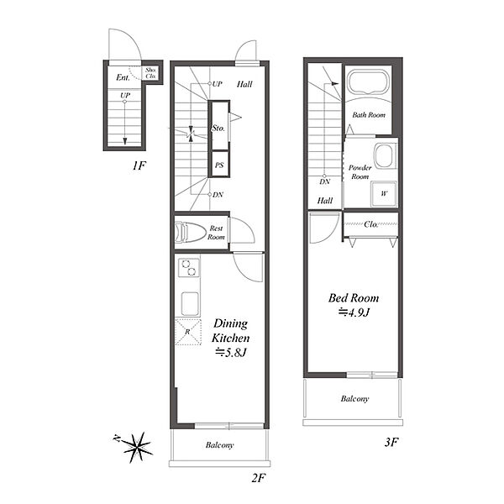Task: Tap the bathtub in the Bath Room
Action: point(369,82)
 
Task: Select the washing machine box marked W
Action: point(384,193)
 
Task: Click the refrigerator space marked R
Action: point(188,332)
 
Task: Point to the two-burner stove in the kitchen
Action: point(189,268)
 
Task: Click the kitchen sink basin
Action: point(190,303)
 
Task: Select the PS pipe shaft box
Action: point(219,165)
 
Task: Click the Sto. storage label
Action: point(218,129)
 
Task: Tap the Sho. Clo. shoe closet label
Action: point(150,73)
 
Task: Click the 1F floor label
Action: point(139,165)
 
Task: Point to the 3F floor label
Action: point(391,443)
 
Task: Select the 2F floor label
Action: point(258,478)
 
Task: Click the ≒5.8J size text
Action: point(230,353)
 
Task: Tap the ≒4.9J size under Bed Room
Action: point(354,312)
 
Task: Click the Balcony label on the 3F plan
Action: point(354,399)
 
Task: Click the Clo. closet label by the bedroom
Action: point(371,224)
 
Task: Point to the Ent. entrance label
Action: point(123,77)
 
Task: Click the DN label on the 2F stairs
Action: point(218,195)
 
